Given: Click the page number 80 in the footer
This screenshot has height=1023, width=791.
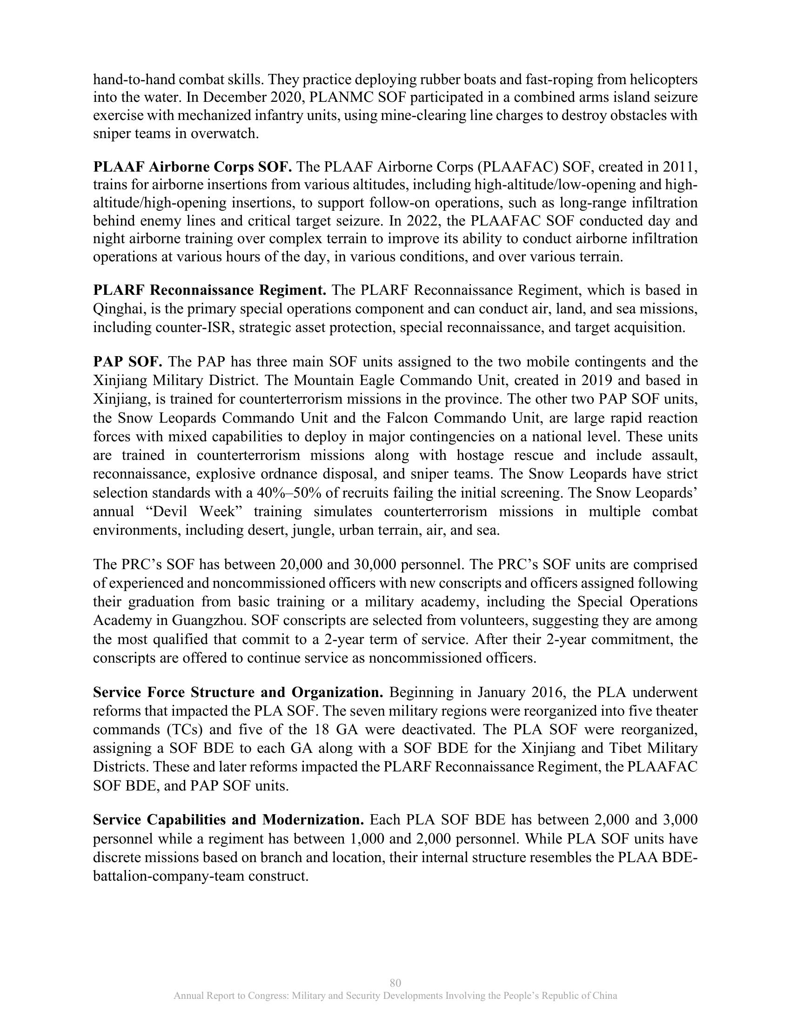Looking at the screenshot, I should [x=395, y=982].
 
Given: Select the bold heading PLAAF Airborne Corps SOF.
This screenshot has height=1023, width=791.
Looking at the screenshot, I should [x=193, y=167].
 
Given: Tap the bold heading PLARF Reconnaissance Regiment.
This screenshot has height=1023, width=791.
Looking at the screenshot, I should [x=209, y=291].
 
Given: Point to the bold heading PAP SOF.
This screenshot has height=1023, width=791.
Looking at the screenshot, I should [x=127, y=362].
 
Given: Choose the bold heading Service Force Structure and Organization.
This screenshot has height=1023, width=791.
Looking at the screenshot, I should [x=238, y=692].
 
